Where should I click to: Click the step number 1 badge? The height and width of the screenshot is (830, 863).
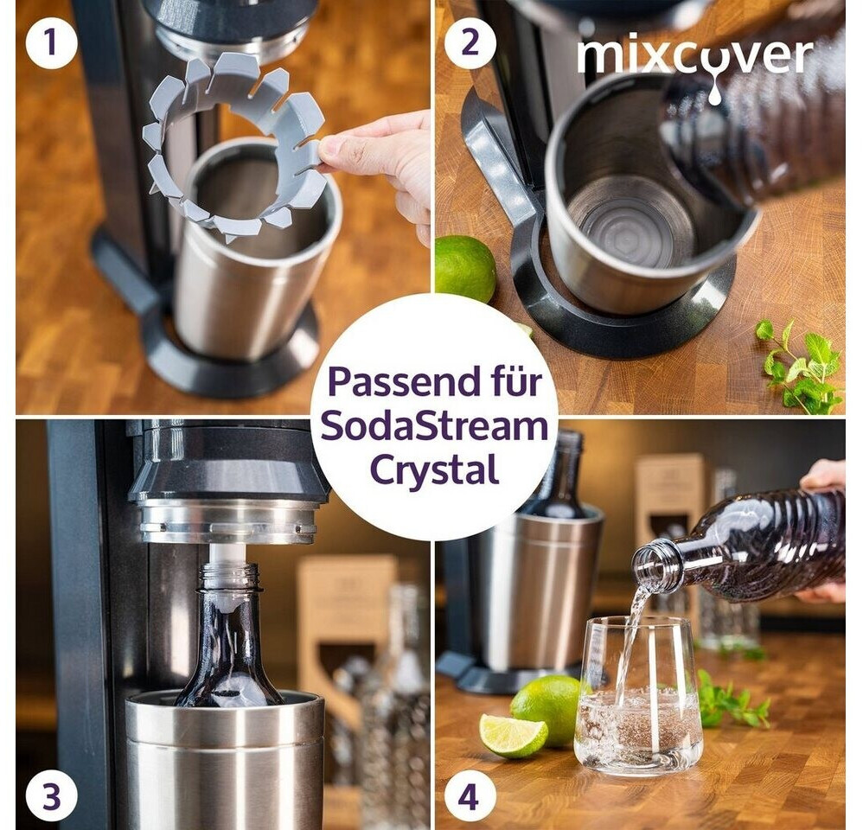tap(51, 42)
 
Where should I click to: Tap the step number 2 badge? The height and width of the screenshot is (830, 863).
tap(470, 42)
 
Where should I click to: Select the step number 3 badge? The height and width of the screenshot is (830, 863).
tap(51, 796)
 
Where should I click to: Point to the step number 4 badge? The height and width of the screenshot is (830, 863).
tap(468, 796)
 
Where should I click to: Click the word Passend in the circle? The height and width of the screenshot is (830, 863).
tap(404, 382)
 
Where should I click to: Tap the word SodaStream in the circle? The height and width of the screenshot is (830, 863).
tap(434, 425)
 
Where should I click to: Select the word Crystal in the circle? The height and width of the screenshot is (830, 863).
tap(434, 469)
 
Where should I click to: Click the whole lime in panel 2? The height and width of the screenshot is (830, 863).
tap(464, 269)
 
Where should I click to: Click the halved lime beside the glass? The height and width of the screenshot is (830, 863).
tap(513, 735)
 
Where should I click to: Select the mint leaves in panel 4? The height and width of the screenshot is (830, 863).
tap(732, 696)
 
